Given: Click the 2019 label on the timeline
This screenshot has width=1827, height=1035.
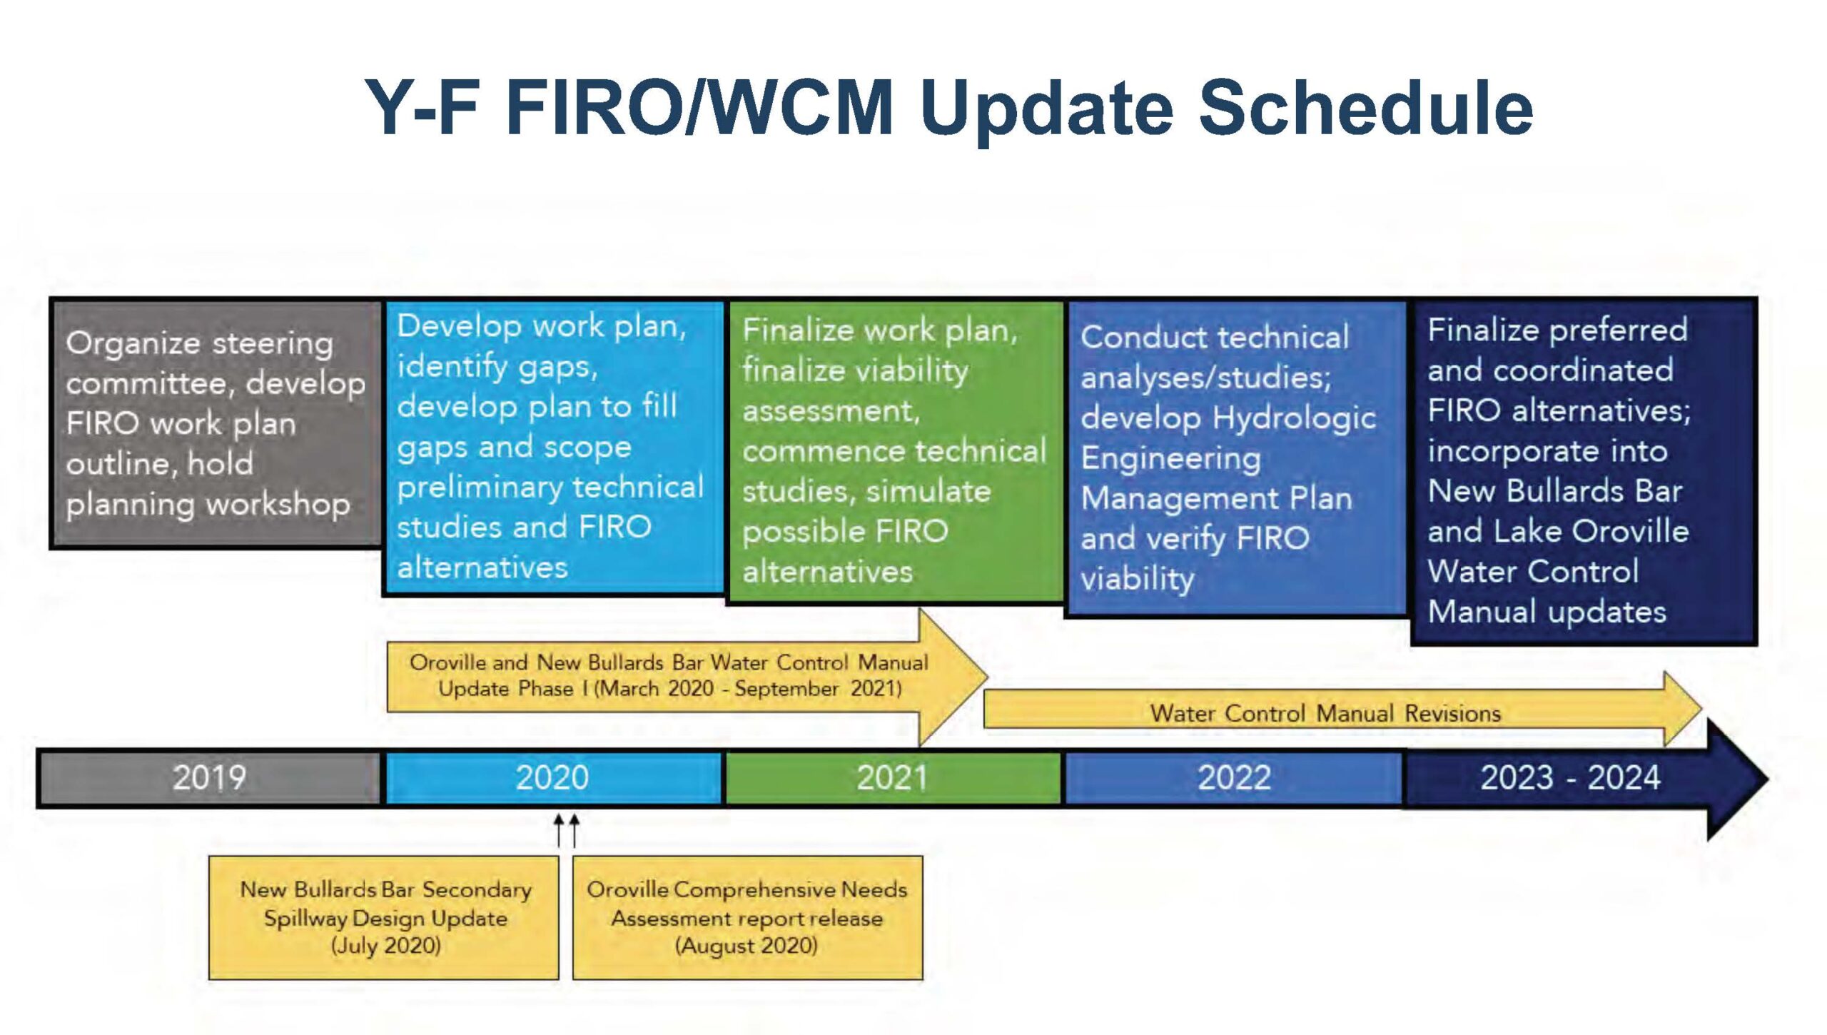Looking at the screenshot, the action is pos(209,777).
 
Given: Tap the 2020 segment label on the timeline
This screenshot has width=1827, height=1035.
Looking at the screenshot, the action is pos(552,777).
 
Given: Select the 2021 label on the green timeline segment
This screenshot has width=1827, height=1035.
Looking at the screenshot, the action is pos(891,777).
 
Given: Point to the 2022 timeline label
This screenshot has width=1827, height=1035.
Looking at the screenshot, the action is pos(1234,777).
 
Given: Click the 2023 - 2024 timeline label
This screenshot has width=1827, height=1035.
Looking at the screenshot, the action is pos(1570,777).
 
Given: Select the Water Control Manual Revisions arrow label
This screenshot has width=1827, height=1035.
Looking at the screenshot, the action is pos(1325,713).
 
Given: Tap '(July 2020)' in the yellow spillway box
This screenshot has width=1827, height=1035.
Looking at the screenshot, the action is pos(385,946).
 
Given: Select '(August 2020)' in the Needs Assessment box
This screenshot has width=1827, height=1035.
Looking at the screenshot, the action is pos(747,946).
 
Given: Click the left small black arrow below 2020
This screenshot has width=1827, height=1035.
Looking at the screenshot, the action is pos(560,831).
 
